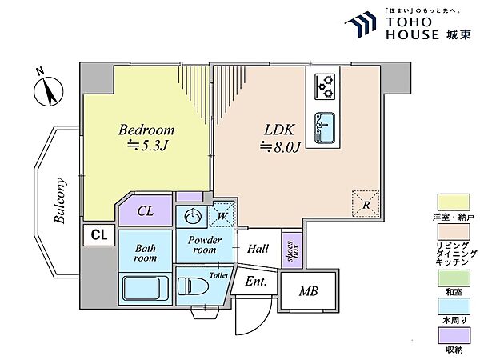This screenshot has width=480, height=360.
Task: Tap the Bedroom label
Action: pyautogui.click(x=146, y=130)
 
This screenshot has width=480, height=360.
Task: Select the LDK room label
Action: pyautogui.click(x=279, y=130)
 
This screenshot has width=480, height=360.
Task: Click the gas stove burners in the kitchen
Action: pyautogui.click(x=325, y=86)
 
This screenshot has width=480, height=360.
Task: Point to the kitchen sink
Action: pyautogui.click(x=325, y=128)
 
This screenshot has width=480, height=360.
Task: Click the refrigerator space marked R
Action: pyautogui.click(x=366, y=204)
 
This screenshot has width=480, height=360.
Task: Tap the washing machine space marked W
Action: pyautogui.click(x=222, y=215)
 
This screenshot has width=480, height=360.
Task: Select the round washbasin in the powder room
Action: pyautogui.click(x=193, y=217)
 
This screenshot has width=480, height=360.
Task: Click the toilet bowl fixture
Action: pyautogui.click(x=193, y=286)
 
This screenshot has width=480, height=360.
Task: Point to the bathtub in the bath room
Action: pyautogui.click(x=146, y=288)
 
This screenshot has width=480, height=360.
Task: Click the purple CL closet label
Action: pyautogui.click(x=145, y=211)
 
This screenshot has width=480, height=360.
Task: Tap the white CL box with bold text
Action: pyautogui.click(x=99, y=234)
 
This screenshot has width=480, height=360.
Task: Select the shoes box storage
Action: pyautogui.click(x=292, y=250)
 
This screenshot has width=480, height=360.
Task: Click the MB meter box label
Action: pyautogui.click(x=309, y=291)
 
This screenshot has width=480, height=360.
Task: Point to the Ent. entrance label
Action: pyautogui.click(x=256, y=281)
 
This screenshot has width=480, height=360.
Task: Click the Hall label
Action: pyautogui.click(x=258, y=248)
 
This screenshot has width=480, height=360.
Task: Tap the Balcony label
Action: pyautogui.click(x=60, y=200)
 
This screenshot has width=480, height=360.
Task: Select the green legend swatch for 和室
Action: pyautogui.click(x=454, y=278)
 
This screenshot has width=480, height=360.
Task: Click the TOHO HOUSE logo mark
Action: pyautogui.click(x=361, y=25)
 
